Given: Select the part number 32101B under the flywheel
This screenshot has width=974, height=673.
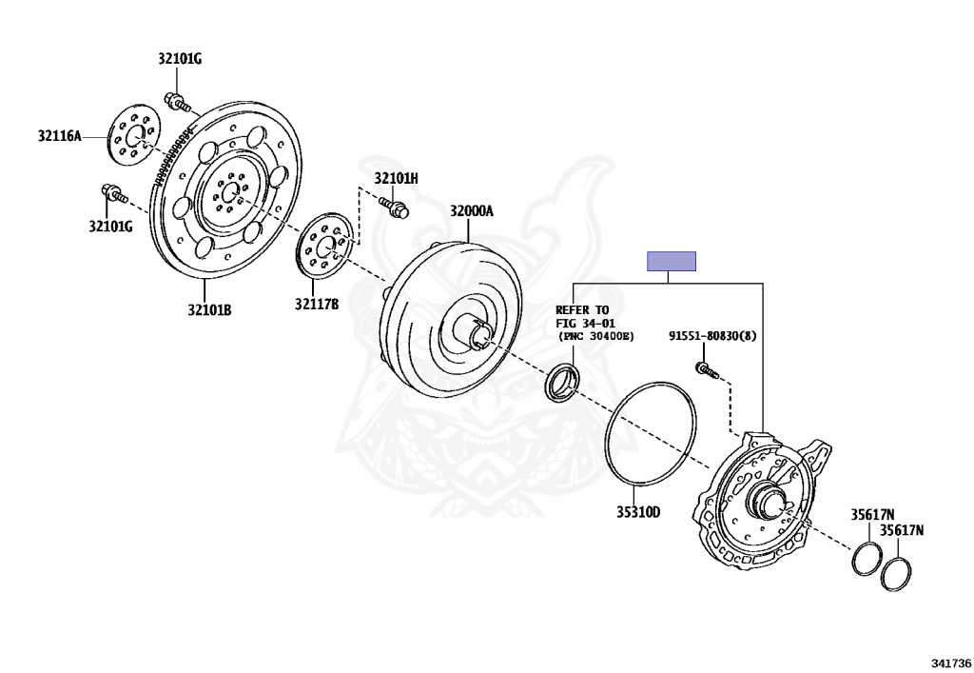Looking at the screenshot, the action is click(209, 309).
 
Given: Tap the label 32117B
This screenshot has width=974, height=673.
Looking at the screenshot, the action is click(316, 305).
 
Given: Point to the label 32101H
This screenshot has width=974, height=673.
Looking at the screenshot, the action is click(396, 178).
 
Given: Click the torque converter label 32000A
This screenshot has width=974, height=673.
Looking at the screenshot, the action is click(472, 211).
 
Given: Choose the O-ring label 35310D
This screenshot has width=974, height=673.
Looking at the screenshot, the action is click(637, 512).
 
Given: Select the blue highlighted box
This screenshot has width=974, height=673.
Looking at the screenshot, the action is click(672, 261).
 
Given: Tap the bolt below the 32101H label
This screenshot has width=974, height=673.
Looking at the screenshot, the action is click(394, 206).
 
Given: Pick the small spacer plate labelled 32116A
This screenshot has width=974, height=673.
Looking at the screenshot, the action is click(132, 137).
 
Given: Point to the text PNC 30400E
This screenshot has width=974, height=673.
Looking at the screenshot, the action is click(595, 337).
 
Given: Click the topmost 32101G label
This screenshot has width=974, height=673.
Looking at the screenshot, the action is click(180, 59).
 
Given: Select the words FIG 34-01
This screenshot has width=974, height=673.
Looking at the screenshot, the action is click(582, 324).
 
